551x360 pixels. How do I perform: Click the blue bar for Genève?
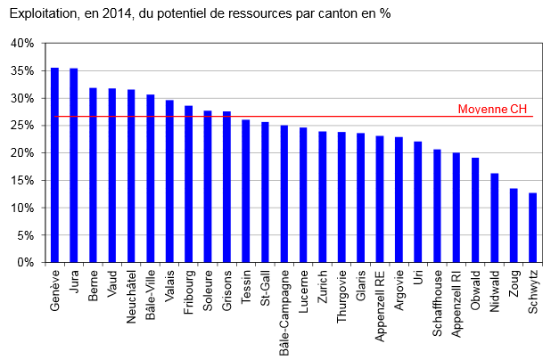point(54,165)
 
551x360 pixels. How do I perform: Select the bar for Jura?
point(74,166)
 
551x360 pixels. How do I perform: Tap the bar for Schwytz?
point(533,227)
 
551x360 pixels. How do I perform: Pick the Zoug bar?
point(514,225)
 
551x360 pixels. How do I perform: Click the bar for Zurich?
point(323,197)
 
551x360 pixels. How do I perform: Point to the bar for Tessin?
point(246,191)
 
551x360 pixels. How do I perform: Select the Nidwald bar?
point(495,217)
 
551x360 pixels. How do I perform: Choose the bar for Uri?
point(418,202)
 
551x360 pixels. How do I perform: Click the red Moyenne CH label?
point(492,109)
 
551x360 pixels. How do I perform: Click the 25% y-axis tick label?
point(22,126)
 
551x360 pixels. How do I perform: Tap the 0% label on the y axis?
point(25,263)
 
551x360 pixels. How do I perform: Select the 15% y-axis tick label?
point(22,181)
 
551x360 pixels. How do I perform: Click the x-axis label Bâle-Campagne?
point(284,313)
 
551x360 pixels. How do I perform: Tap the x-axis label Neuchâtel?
point(131,297)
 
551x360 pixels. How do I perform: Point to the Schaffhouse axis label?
point(437,303)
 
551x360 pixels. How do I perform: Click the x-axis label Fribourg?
point(188,292)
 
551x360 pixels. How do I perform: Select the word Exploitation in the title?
point(43,13)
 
